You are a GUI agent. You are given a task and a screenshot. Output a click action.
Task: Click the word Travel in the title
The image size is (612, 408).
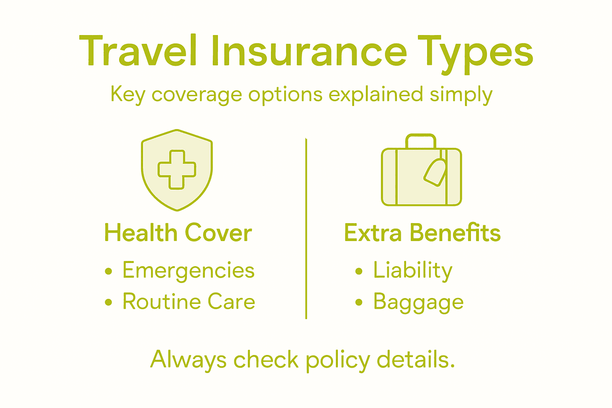click(137, 51)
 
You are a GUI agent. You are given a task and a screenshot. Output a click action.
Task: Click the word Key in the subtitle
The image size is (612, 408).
click(127, 95)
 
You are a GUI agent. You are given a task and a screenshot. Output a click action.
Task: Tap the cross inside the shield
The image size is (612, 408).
click(177, 169)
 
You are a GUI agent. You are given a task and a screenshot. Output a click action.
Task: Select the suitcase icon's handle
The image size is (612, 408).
click(421, 139)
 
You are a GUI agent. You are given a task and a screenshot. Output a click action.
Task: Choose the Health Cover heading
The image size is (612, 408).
click(178, 233)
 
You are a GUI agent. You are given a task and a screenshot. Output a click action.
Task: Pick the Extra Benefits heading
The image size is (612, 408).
click(422, 233)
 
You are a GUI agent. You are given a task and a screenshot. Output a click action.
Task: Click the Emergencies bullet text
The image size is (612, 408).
click(188, 270)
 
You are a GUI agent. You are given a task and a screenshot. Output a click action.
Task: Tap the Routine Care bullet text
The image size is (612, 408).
click(189, 302)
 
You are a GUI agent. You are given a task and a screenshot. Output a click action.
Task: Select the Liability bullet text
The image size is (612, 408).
click(413, 270)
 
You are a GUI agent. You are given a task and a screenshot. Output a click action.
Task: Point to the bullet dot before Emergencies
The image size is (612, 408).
click(108, 271)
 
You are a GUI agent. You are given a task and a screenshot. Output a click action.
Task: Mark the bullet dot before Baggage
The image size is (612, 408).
click(359, 302)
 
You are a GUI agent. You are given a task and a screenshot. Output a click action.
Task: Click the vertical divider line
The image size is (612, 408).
click(306, 229)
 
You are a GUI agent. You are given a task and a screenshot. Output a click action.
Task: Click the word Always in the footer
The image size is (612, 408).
click(188, 360)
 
